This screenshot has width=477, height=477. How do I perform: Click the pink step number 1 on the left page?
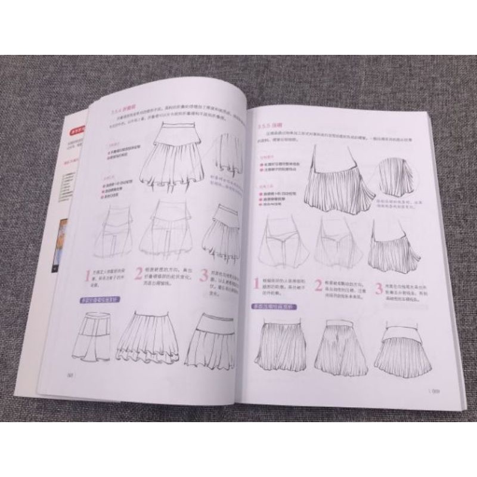click(87, 276)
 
